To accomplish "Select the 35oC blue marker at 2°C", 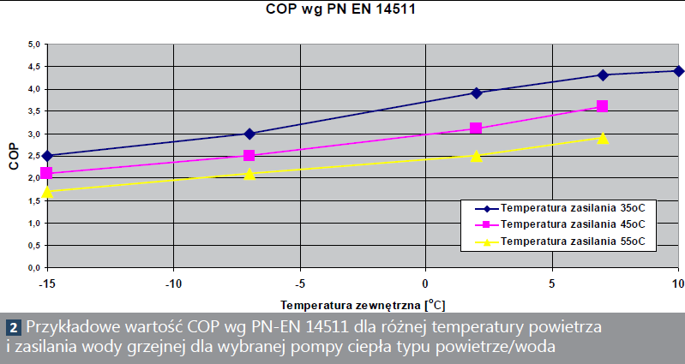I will point(477,92).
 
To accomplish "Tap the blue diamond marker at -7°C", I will point(249,134).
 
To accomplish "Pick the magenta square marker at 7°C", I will point(603,106).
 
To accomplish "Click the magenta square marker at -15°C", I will point(47,173).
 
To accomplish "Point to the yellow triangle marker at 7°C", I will point(603,138).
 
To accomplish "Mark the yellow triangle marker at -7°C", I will point(249,174).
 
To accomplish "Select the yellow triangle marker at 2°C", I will point(477,155).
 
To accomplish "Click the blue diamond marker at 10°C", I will point(678,70).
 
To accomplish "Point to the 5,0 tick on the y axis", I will point(33,45).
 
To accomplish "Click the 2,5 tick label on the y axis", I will point(33,156).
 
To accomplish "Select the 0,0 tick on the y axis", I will point(33,268).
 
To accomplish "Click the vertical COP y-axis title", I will point(13,157).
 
